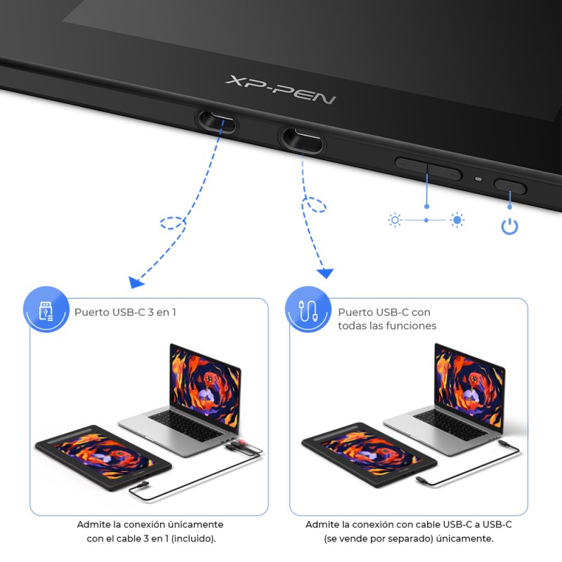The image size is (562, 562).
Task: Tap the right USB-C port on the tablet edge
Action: (303, 137)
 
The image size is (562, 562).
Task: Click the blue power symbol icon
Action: (509, 227)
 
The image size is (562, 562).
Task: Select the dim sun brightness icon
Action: (395, 221)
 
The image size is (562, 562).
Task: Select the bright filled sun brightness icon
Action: (458, 221)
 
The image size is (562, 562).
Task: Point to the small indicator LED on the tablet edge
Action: (478, 178)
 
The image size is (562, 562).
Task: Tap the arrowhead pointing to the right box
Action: (325, 273)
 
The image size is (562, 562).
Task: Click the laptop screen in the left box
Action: (204, 379)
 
